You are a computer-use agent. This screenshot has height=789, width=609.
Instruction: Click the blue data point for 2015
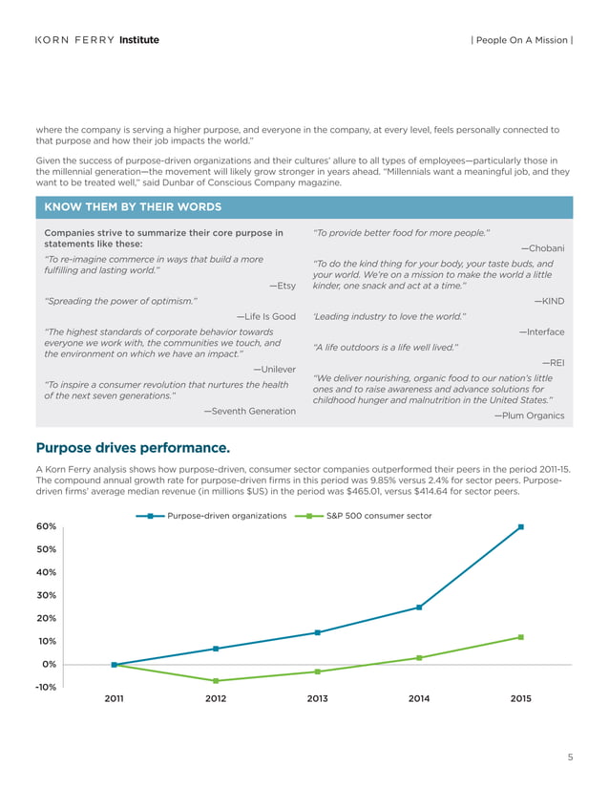(521, 526)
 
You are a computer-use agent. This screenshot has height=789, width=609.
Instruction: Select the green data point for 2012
(216, 681)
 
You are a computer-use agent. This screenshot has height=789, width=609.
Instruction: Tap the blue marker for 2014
(419, 608)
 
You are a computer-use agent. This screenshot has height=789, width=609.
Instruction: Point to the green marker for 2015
(521, 637)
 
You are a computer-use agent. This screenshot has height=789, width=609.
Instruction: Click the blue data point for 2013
(317, 632)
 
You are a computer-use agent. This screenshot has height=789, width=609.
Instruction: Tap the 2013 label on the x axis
(317, 699)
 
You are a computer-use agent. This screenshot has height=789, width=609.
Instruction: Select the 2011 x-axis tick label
(114, 699)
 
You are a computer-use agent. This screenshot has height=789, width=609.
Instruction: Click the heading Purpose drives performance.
(132, 447)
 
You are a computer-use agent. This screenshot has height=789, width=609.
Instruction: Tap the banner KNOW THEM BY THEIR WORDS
(134, 207)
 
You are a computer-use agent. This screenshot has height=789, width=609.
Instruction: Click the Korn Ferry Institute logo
(96, 40)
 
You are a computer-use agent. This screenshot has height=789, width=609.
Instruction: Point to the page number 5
(570, 758)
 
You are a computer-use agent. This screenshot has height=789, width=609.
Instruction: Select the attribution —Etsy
(283, 285)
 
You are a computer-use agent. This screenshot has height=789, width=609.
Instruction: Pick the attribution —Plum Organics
(529, 416)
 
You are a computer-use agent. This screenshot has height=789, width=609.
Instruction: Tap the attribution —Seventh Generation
(249, 410)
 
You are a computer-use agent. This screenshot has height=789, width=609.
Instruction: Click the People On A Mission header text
(521, 40)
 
